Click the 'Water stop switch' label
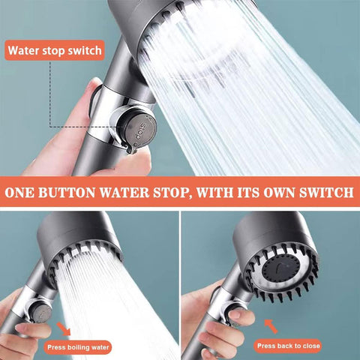(x=55, y=50)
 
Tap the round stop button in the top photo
(x=140, y=129)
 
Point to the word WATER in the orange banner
(x=124, y=193)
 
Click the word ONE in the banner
(x=19, y=193)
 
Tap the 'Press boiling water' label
(x=78, y=347)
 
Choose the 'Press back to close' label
(x=288, y=346)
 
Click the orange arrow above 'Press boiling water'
(x=64, y=328)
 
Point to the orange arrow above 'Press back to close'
(x=271, y=326)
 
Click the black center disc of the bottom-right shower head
(x=280, y=269)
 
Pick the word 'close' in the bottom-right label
(x=311, y=346)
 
